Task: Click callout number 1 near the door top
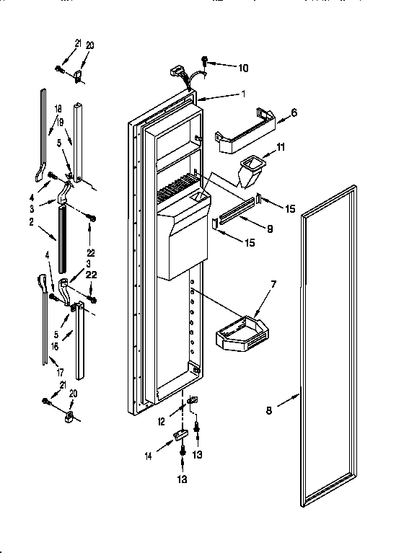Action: tap(244, 94)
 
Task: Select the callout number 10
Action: tap(242, 68)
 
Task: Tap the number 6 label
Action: tap(294, 112)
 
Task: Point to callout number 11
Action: tap(281, 147)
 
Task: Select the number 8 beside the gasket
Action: tap(268, 411)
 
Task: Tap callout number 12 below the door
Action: tap(161, 421)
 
